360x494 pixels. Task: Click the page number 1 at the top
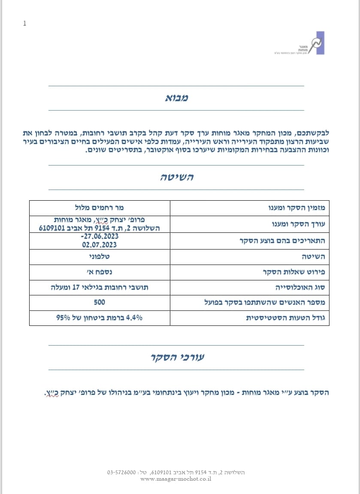pyautogui.click(x=24, y=24)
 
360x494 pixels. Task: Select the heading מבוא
pyautogui.click(x=176, y=98)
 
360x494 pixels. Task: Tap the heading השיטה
pyautogui.click(x=176, y=177)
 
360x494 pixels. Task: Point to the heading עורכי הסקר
pyautogui.click(x=176, y=357)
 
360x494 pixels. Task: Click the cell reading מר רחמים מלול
pyautogui.click(x=100, y=208)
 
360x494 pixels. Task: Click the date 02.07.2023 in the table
pyautogui.click(x=100, y=245)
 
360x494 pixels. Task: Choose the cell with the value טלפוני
pyautogui.click(x=100, y=256)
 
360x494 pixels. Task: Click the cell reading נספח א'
pyautogui.click(x=100, y=272)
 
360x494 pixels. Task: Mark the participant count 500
pyautogui.click(x=100, y=302)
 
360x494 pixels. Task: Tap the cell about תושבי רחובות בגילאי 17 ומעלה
pyautogui.click(x=100, y=287)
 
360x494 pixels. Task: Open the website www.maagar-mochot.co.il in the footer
pyautogui.click(x=176, y=479)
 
